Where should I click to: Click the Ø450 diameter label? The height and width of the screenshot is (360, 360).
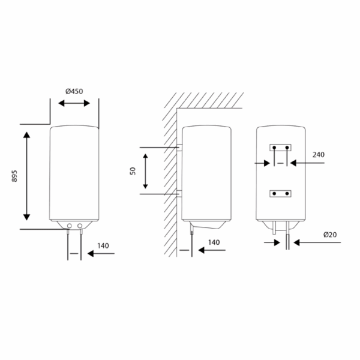pyautogui.click(x=74, y=91)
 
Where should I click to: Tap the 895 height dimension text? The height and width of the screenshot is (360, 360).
pyautogui.click(x=14, y=176)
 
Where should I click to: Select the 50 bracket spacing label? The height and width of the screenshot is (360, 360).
pyautogui.click(x=133, y=171)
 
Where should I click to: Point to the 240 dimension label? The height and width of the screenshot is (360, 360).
pyautogui.click(x=319, y=155)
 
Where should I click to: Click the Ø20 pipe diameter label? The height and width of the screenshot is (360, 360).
pyautogui.click(x=330, y=235)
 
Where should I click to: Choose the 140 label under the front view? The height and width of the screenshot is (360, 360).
pyautogui.click(x=103, y=246)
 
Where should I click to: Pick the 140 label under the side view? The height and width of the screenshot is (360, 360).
pyautogui.click(x=214, y=242)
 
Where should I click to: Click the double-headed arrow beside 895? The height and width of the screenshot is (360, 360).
pyautogui.click(x=26, y=176)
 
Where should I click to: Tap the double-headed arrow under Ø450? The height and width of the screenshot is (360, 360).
pyautogui.click(x=74, y=103)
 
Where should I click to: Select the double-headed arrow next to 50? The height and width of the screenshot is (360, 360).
pyautogui.click(x=145, y=171)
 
